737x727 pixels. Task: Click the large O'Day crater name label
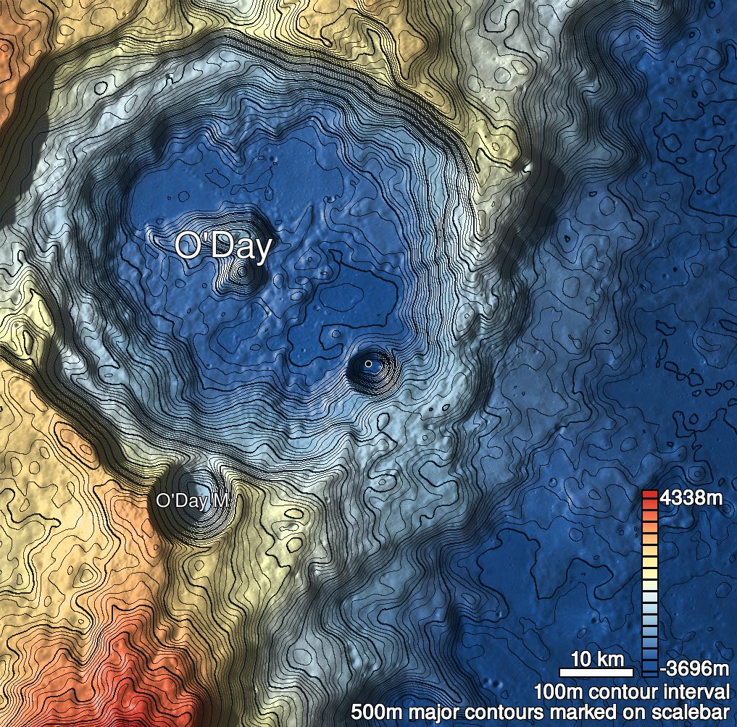222,247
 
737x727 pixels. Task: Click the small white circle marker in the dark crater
368,363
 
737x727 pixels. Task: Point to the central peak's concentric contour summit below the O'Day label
241,273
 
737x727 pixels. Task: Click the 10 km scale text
597,660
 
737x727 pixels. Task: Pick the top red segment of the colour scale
649,495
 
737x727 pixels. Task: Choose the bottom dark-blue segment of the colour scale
649,670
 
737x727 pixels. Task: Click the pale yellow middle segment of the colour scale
649,572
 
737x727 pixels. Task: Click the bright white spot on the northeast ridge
528,168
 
